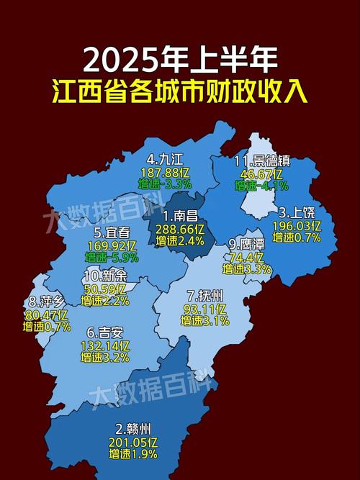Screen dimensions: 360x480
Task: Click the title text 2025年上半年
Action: [x=180, y=60]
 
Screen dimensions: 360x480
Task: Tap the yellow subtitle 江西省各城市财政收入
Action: [x=180, y=93]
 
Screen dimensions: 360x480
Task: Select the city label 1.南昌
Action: [x=181, y=215]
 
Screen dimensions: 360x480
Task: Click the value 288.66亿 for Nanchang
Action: [x=181, y=228]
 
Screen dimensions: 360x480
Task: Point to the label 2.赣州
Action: [x=130, y=428]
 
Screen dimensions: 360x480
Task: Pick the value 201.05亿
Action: [x=130, y=441]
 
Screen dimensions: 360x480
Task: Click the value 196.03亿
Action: [x=297, y=225]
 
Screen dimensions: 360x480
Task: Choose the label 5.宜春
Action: [x=112, y=232]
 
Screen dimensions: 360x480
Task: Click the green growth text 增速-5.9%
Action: [x=112, y=257]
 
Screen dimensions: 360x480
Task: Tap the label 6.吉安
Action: [x=105, y=332]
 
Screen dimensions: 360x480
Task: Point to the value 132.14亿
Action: [x=105, y=345]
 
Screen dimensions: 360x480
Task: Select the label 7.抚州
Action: [x=205, y=295]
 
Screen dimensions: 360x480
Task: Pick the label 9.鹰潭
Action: [x=247, y=244]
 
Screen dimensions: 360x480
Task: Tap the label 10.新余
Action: [x=105, y=276]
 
